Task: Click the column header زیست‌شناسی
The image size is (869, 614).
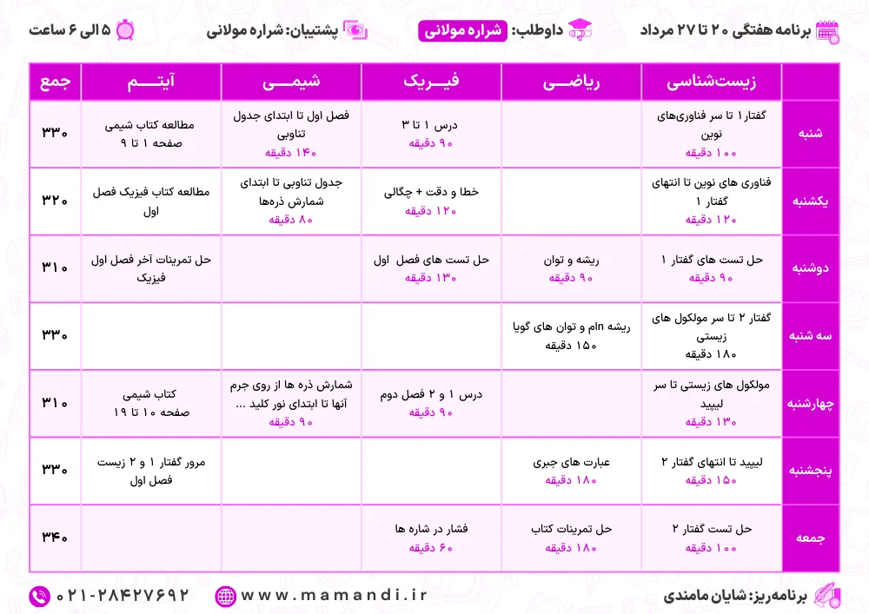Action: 711,83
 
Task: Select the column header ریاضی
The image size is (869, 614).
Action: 571,83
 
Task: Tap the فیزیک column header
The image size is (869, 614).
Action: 431,83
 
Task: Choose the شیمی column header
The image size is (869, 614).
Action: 291,83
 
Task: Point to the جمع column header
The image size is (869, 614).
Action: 55,83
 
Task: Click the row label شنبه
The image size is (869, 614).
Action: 811,134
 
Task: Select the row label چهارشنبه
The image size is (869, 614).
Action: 811,403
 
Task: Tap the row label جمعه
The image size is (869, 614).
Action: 811,538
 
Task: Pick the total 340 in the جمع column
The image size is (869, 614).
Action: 55,538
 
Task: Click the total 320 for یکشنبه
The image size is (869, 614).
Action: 55,201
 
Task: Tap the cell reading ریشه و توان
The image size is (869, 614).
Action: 571,259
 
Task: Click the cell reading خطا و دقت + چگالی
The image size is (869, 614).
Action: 431,192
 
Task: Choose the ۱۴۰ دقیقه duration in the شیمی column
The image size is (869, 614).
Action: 291,153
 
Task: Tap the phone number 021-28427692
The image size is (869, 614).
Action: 123,596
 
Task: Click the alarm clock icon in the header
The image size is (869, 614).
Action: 125,29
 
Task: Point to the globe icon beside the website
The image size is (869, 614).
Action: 225,596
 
